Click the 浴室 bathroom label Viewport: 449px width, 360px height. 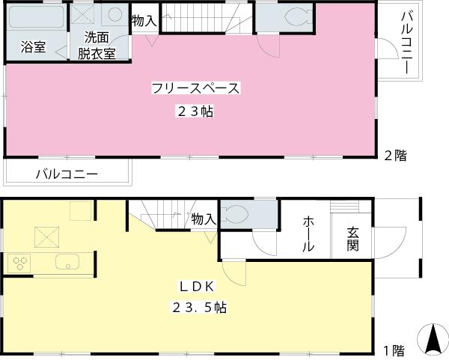pos(33,47)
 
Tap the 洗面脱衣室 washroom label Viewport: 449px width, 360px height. pos(98,46)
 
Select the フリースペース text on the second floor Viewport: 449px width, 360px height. pos(195,88)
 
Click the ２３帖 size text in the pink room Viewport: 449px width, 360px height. pos(195,112)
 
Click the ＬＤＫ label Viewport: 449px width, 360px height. pos(198,286)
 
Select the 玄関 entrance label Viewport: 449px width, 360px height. pos(352,238)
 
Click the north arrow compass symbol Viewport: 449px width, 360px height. pos(432,340)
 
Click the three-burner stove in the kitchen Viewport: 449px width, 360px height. pos(20,263)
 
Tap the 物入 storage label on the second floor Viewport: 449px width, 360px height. pos(144,21)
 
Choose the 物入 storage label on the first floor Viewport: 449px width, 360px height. pos(204,219)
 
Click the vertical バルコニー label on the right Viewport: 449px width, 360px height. pos(407,42)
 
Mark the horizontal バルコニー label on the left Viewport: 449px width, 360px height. pos(67,174)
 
